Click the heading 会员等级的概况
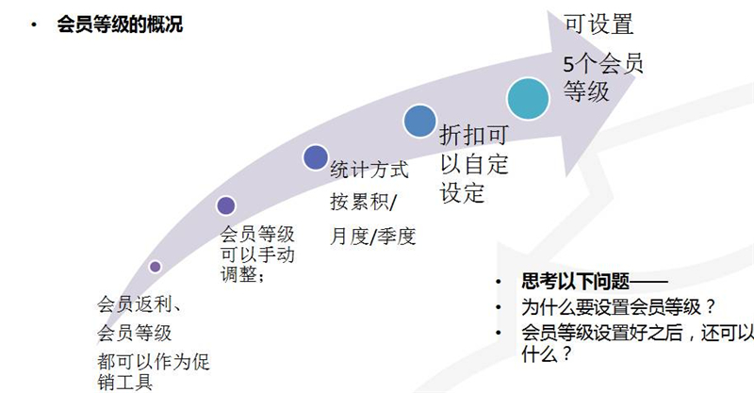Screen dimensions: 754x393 [120, 25]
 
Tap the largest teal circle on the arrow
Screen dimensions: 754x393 [528, 99]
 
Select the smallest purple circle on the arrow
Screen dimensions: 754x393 [155, 267]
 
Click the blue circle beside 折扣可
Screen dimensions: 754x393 [419, 121]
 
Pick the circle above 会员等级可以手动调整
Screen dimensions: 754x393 [226, 205]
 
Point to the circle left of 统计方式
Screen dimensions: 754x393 [316, 157]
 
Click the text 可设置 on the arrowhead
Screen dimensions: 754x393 [598, 25]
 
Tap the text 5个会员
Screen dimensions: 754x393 [603, 63]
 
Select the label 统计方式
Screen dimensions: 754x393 [369, 170]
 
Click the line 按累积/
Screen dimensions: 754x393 [364, 202]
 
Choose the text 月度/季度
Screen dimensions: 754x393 [372, 237]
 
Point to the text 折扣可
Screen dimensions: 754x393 [474, 135]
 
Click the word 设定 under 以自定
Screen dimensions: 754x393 [462, 193]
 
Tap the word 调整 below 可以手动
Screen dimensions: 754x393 [238, 274]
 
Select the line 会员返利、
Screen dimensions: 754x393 [139, 304]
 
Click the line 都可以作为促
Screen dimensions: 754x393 [154, 362]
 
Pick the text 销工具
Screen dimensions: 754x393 [125, 383]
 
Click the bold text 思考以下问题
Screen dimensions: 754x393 [576, 282]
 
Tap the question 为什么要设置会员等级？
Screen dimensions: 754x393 [619, 307]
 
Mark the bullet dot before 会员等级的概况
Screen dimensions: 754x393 [33, 25]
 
